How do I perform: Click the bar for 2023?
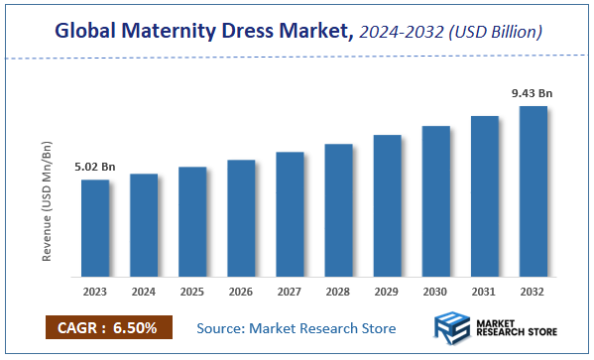[95, 228]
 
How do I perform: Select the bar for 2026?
[241, 218]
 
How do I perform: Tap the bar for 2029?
[387, 205]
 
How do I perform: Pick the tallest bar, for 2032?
[533, 191]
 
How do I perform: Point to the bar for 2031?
[484, 196]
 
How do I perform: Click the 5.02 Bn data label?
[95, 167]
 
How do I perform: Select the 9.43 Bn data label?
[532, 93]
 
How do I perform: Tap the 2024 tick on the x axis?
[144, 293]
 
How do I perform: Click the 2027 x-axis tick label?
[290, 293]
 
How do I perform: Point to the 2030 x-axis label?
[435, 293]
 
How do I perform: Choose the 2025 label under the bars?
[192, 293]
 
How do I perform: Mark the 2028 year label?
[338, 293]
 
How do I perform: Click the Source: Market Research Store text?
[296, 328]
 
